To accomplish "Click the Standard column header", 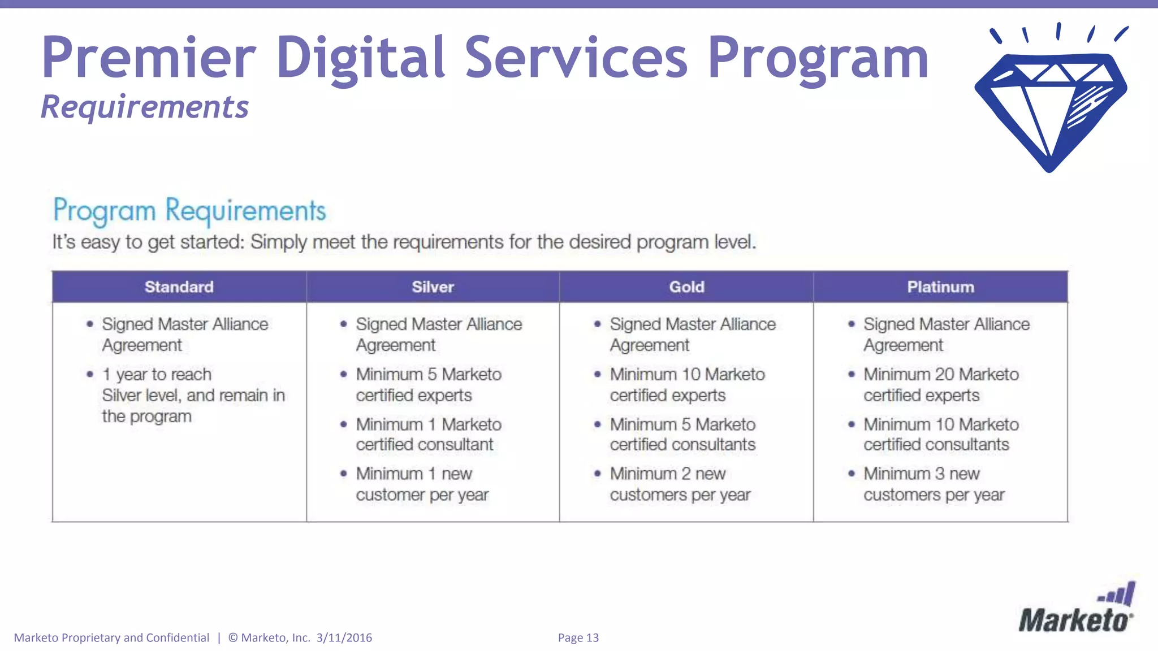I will click(179, 287).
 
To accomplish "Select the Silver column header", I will click(433, 287).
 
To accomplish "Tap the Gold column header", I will click(686, 287).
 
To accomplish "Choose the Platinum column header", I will click(940, 287).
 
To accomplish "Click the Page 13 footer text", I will click(578, 638).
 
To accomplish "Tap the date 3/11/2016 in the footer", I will click(344, 638).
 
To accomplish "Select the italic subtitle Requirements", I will click(145, 107).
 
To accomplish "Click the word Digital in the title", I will click(360, 58).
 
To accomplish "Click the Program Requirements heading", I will click(189, 211).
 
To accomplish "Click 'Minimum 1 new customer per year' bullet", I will click(421, 484).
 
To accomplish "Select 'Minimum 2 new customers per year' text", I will click(680, 484).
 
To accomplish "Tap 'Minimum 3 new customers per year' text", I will click(933, 484).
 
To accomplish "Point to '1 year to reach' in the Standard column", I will click(157, 375).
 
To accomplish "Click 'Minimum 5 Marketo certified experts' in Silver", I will click(428, 385).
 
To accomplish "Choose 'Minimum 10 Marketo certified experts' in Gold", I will click(686, 385).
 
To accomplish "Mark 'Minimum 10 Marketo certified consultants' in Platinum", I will click(940, 435).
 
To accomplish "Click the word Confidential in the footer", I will click(178, 638).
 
